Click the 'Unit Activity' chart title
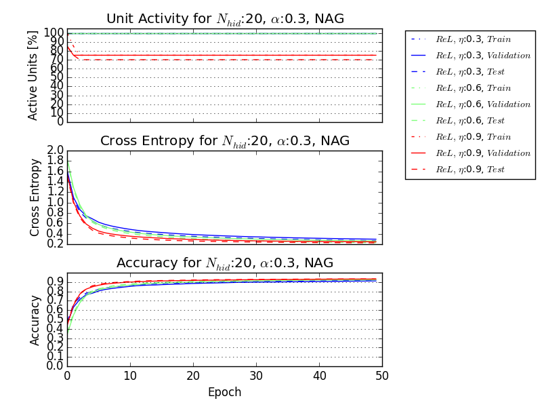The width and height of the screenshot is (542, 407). click(224, 19)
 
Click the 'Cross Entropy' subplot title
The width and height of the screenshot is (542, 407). click(224, 141)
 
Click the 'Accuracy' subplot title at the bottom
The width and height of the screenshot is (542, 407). click(224, 263)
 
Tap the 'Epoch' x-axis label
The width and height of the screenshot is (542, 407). click(224, 392)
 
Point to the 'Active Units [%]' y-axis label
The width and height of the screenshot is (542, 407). click(33, 75)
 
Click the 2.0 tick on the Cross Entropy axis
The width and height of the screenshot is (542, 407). click(55, 151)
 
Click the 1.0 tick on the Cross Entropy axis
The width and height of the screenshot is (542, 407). click(55, 202)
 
